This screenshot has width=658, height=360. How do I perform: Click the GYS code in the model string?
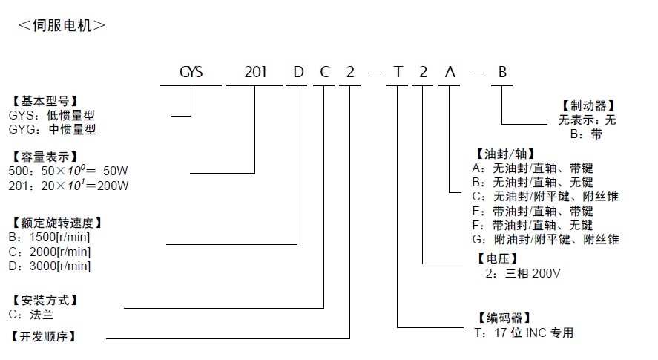coord(191,73)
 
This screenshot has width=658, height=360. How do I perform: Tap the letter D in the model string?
coord(298,73)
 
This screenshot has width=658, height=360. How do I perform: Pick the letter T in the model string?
coord(398,73)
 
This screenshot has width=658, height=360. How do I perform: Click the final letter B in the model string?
coord(502,73)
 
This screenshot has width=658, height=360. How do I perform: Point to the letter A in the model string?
coord(450,73)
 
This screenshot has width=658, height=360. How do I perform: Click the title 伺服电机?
coord(62,24)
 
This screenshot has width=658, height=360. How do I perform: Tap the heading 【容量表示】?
coord(44,157)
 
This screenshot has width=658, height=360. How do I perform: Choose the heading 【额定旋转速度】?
coord(56,223)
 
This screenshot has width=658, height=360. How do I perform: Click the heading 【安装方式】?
coord(44,300)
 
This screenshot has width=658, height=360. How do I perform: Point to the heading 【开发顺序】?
coord(44,336)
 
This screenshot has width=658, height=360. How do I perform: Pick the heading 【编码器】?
coord(498,318)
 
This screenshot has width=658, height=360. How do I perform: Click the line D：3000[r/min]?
coord(50,266)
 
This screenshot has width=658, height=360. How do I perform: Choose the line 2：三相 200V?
coord(523,273)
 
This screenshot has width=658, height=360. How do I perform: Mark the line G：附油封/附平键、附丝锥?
coord(545,239)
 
